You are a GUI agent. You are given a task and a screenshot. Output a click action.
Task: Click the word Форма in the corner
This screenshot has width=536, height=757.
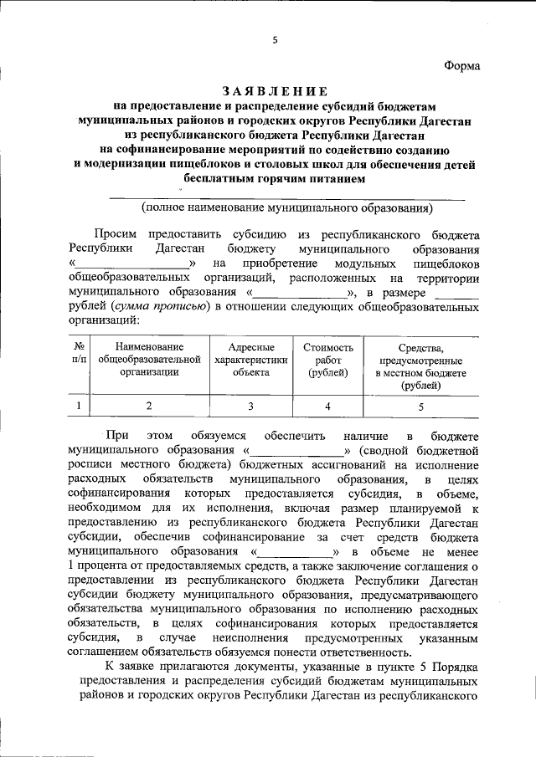point(462,68)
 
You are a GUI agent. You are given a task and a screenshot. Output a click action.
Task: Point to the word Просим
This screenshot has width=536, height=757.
point(115,235)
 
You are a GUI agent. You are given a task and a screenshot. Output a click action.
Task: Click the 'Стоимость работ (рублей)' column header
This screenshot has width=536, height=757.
point(327,360)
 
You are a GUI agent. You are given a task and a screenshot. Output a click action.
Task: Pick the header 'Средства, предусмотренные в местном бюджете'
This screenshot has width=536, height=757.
point(420,366)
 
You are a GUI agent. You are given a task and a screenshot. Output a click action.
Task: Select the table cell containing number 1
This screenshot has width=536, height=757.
point(78,406)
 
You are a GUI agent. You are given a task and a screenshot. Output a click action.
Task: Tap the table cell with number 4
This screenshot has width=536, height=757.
point(327,406)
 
